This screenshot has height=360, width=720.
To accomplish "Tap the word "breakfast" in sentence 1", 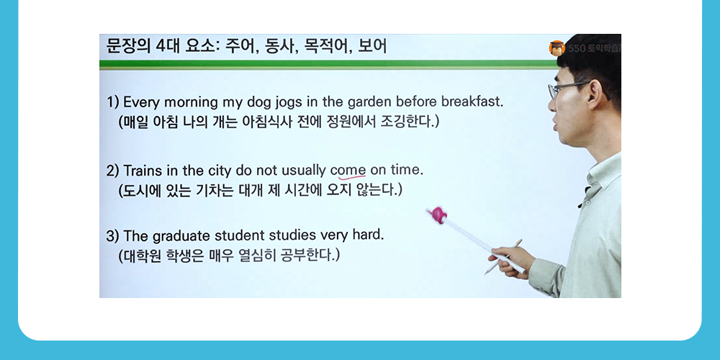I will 472,102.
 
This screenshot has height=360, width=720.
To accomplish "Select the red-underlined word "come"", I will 348,171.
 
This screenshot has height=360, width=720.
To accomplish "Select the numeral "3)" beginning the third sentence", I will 112,235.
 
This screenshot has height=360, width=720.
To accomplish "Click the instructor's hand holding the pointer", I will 513,257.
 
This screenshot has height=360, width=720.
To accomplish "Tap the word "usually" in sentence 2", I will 303,171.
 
